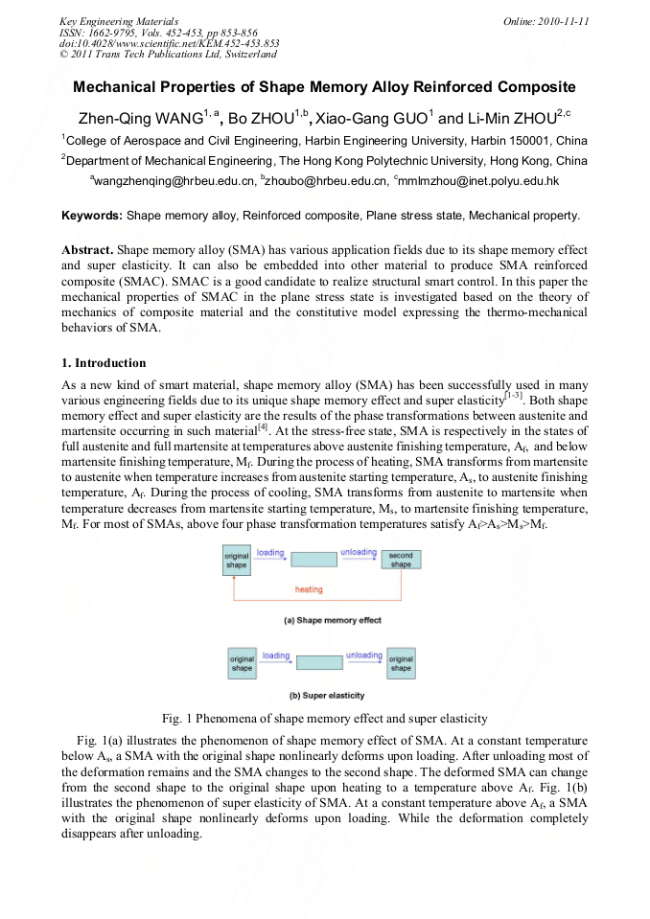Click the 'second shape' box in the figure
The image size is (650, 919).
tap(401, 561)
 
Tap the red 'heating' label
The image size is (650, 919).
tap(309, 589)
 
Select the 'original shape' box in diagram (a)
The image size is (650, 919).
tap(237, 561)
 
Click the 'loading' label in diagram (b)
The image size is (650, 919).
tap(276, 655)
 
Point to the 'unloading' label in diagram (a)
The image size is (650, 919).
tap(359, 553)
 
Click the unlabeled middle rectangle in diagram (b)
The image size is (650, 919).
tap(320, 662)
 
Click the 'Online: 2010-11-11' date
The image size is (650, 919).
tap(546, 21)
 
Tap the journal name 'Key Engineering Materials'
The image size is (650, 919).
tap(119, 21)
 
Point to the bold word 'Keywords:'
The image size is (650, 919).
tap(92, 216)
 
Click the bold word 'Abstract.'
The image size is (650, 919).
tap(88, 248)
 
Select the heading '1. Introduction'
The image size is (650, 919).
tap(104, 363)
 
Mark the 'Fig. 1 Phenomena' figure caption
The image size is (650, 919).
tap(324, 718)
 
